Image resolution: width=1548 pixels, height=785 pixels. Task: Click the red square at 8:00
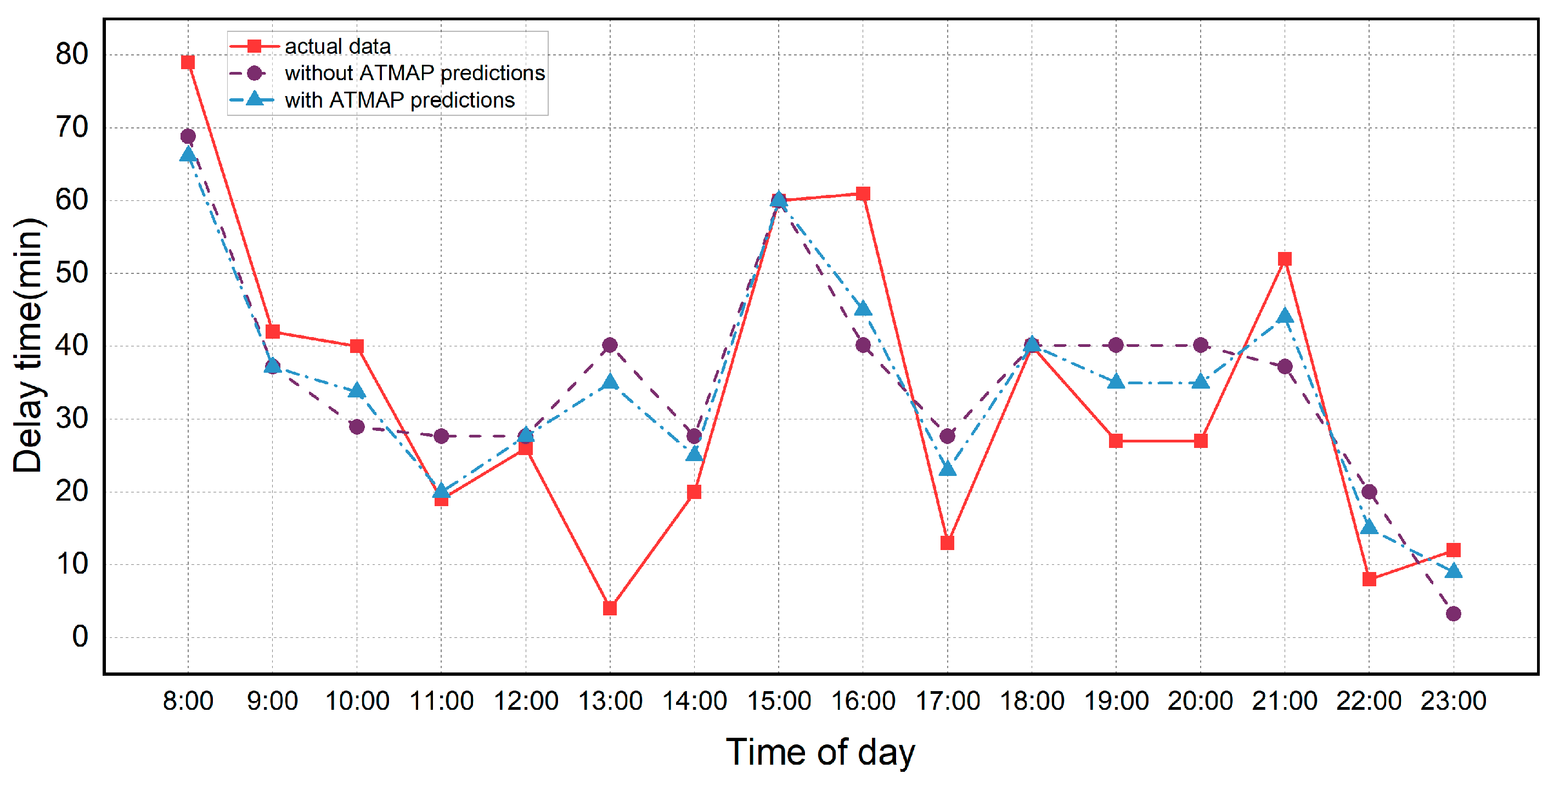(x=188, y=63)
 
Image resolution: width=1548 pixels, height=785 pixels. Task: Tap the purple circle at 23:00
(x=1453, y=614)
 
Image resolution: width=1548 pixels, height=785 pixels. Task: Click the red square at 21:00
(x=1284, y=259)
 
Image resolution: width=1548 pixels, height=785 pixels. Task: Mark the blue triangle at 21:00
(x=1284, y=316)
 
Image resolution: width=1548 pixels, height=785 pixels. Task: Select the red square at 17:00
(x=947, y=543)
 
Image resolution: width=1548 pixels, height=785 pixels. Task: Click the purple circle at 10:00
(x=356, y=427)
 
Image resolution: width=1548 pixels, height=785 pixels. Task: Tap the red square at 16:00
(x=863, y=194)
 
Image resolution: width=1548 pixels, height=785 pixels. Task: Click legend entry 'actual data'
(x=337, y=46)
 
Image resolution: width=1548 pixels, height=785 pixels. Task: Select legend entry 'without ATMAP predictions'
(x=414, y=72)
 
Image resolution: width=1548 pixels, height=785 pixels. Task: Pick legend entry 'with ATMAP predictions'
(x=399, y=100)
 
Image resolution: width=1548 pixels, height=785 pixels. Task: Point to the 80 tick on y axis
(x=71, y=55)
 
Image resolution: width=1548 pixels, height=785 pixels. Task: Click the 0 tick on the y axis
(x=80, y=637)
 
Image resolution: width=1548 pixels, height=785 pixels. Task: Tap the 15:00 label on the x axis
(x=779, y=701)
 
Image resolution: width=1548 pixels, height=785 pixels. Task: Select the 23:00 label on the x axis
(x=1453, y=701)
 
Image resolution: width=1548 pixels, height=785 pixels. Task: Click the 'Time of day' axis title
(x=820, y=752)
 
